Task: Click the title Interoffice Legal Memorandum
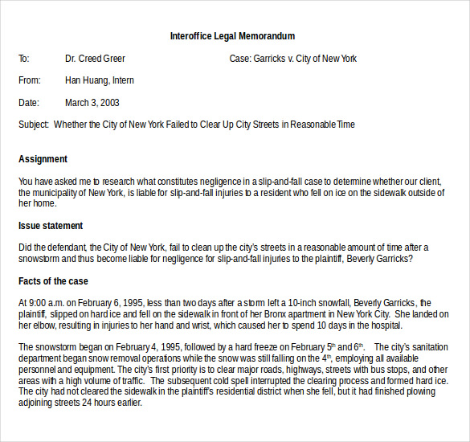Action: coord(232,36)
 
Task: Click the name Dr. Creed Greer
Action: coord(95,59)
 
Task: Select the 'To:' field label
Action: coord(24,59)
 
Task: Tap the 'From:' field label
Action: coord(29,80)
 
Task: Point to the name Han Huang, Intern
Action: coord(100,80)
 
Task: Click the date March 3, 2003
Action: coord(92,103)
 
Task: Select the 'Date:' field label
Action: coord(28,103)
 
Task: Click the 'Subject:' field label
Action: coord(34,125)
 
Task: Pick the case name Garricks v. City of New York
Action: coord(305,59)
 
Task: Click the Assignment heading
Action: coord(43,159)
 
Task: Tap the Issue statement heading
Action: coord(51,226)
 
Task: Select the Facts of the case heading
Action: coord(53,281)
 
